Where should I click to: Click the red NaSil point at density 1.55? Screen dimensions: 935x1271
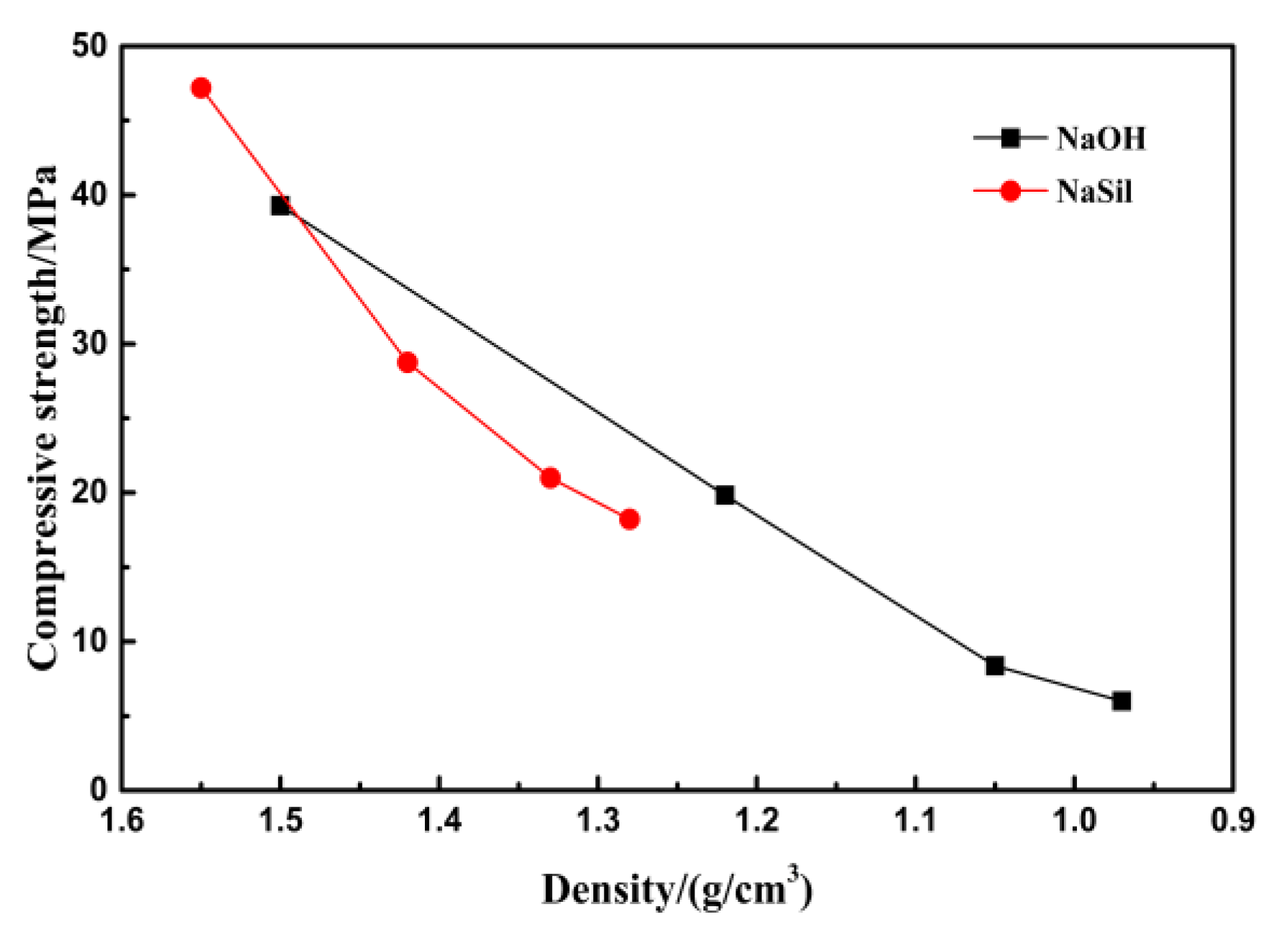[201, 88]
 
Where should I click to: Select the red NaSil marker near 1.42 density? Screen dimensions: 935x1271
[408, 362]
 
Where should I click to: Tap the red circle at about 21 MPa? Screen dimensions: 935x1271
[551, 478]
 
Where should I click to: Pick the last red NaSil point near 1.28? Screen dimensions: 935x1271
[629, 519]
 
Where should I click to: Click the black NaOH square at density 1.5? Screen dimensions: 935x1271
[280, 206]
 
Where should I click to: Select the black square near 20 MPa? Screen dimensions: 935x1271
[725, 494]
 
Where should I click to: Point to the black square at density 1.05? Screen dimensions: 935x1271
[994, 665]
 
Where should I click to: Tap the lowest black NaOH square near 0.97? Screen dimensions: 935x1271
[1121, 701]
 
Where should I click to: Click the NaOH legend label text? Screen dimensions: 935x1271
[1101, 138]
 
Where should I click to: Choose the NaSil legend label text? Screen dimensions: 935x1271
[1094, 191]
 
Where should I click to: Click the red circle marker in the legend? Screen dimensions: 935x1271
[1010, 191]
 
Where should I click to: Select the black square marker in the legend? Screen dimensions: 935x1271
[1010, 138]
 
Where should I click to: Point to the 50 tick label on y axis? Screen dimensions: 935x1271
[89, 47]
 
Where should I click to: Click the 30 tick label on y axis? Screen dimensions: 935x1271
[89, 344]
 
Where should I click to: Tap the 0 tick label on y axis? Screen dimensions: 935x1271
[98, 790]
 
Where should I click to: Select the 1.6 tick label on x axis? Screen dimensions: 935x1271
[122, 820]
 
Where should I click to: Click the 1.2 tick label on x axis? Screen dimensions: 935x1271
[757, 820]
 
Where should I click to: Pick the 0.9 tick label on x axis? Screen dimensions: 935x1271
[1232, 820]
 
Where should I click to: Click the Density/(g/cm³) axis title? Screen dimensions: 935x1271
[676, 890]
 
